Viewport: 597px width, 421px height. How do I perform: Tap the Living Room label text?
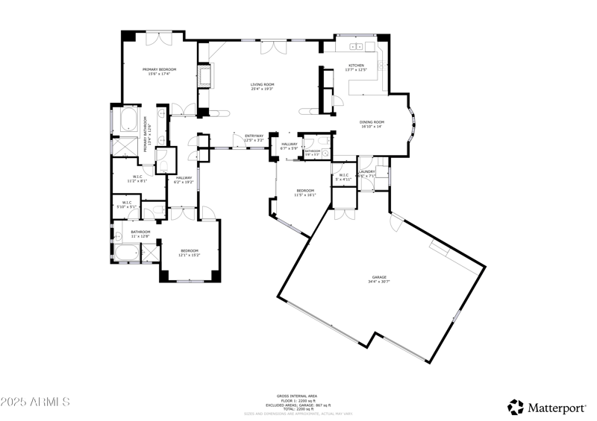click(262, 84)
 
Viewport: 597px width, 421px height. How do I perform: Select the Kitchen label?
click(356, 66)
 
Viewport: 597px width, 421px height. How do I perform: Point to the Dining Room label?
click(372, 122)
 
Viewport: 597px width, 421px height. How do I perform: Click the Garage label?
click(379, 277)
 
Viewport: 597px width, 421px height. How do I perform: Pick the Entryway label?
click(254, 136)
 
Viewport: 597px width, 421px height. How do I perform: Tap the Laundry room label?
click(366, 172)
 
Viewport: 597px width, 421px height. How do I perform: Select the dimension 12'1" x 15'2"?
click(189, 256)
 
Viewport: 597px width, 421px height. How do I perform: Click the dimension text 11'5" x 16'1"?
click(306, 195)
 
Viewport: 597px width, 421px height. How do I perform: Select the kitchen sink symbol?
click(356, 47)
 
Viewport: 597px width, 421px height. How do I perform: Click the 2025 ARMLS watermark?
click(35, 402)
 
